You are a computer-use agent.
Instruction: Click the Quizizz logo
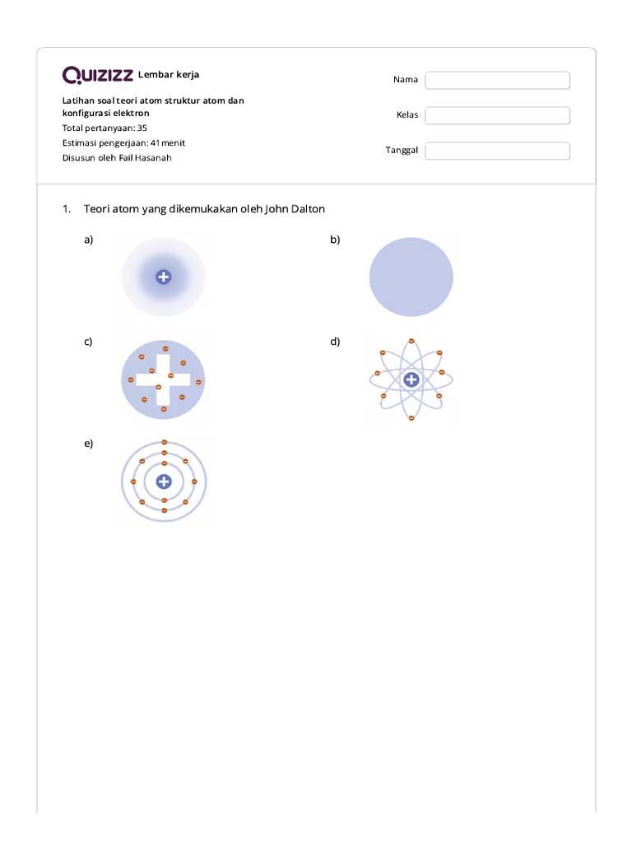(97, 76)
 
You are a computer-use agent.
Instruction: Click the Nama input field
(497, 80)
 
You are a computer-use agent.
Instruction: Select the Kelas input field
(497, 115)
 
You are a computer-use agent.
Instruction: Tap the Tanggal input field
(497, 151)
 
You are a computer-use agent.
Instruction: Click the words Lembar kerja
(169, 75)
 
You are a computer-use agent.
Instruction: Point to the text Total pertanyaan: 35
(105, 128)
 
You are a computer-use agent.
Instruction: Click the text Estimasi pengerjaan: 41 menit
(123, 142)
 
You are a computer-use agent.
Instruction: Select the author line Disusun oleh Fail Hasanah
(117, 157)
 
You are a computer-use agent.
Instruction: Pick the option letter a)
(88, 240)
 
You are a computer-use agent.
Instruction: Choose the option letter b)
(335, 240)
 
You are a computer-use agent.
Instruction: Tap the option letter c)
(88, 341)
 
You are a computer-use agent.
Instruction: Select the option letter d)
(335, 341)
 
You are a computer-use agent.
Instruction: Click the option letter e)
(88, 443)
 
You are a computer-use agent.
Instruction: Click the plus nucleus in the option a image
(163, 277)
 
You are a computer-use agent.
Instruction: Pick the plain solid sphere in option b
(411, 277)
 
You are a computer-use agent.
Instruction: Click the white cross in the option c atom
(163, 380)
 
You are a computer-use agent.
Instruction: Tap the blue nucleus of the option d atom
(411, 380)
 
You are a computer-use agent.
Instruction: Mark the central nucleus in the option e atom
(164, 482)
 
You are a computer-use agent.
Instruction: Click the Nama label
(405, 80)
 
